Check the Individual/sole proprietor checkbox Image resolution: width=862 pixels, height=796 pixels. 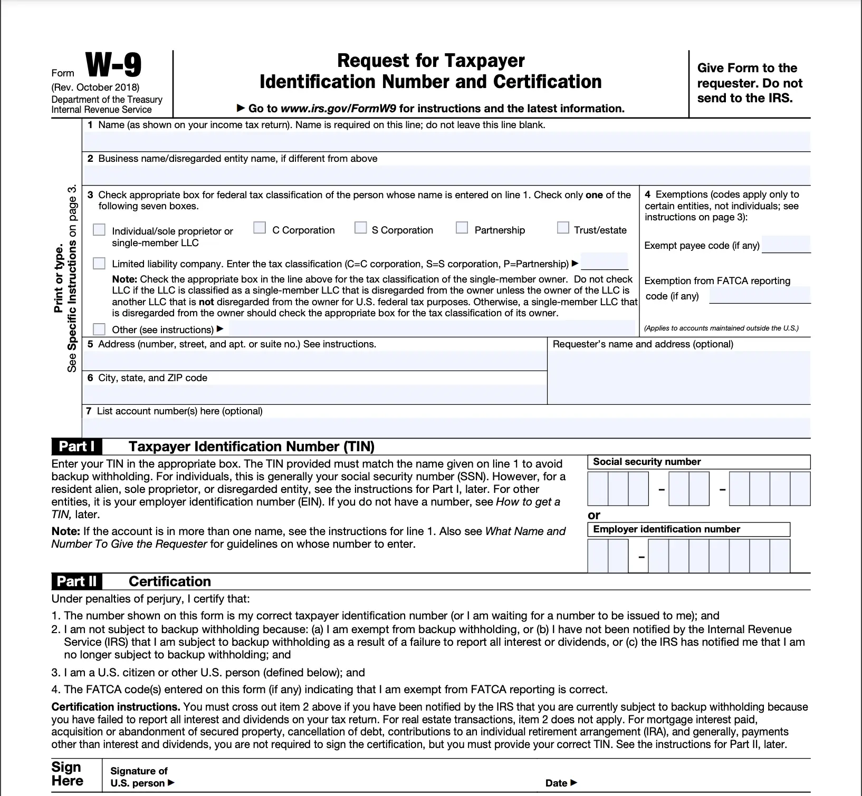99,230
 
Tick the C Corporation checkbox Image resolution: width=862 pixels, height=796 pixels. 260,228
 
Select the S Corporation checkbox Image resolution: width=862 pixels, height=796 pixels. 361,228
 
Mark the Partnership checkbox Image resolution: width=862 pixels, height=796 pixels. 462,228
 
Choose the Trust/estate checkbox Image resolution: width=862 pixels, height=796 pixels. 563,228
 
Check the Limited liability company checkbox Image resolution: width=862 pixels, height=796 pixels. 99,263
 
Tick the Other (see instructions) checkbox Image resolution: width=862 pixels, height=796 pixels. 99,329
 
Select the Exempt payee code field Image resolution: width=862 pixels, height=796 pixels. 786,245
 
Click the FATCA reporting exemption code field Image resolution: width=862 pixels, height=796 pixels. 760,295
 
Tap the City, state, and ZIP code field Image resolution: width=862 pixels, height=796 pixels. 314,394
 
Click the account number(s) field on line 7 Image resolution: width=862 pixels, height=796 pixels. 446,428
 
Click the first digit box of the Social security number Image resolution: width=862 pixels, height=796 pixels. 598,489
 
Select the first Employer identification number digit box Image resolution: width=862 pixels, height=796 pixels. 598,556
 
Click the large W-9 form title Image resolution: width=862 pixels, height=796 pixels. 113,66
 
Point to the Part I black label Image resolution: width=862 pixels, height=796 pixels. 77,446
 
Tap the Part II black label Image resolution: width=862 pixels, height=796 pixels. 77,581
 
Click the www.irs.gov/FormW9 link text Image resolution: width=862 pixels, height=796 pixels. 339,109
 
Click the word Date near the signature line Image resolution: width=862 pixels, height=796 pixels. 557,783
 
